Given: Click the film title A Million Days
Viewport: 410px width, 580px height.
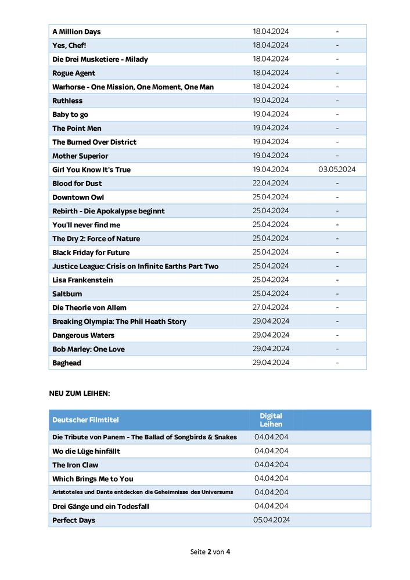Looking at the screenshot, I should [x=76, y=32].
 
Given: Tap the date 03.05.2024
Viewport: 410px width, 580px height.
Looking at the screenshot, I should [x=337, y=170].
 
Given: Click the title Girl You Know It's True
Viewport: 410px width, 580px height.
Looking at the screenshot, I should [x=91, y=170].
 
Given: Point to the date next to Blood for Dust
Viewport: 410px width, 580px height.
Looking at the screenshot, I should [x=271, y=183].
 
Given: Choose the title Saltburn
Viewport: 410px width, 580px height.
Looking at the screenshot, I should [x=68, y=294].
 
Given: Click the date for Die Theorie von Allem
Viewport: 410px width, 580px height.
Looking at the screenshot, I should [x=271, y=307].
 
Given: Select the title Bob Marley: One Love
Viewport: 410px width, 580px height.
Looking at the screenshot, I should [x=88, y=349].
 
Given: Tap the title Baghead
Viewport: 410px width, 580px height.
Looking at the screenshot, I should [x=67, y=363].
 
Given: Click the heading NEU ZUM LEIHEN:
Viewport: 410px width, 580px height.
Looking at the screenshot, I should [x=80, y=393].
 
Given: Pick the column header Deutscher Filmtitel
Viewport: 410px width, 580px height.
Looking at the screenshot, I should [x=85, y=420].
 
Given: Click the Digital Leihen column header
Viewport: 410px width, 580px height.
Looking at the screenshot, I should [x=271, y=420].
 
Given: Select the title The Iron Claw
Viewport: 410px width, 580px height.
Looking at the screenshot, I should [x=75, y=465].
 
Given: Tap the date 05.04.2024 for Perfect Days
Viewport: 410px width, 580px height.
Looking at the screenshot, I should [x=271, y=520].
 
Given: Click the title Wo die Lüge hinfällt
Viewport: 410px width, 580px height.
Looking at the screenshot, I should [x=86, y=451].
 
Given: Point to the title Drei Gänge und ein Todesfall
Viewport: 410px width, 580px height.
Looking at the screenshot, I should [x=100, y=507].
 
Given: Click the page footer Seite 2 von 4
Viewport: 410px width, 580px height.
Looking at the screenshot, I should [x=210, y=552].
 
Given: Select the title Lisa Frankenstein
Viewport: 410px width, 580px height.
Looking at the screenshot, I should [x=82, y=280].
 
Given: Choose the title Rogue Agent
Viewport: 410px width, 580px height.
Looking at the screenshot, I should [x=74, y=73].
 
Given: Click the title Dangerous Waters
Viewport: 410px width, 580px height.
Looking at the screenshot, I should [x=83, y=335].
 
